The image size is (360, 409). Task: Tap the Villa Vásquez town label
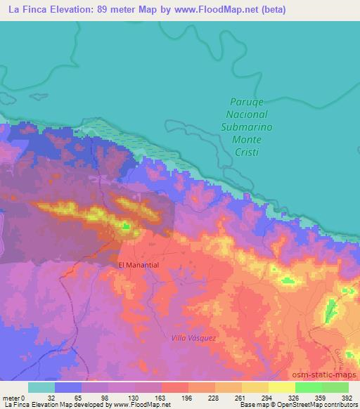(x=195, y=338)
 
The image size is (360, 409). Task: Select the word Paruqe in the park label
(x=246, y=102)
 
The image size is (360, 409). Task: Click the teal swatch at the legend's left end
(x=41, y=387)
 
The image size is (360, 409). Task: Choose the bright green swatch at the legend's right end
(x=335, y=387)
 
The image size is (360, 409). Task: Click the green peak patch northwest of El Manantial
(x=126, y=226)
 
